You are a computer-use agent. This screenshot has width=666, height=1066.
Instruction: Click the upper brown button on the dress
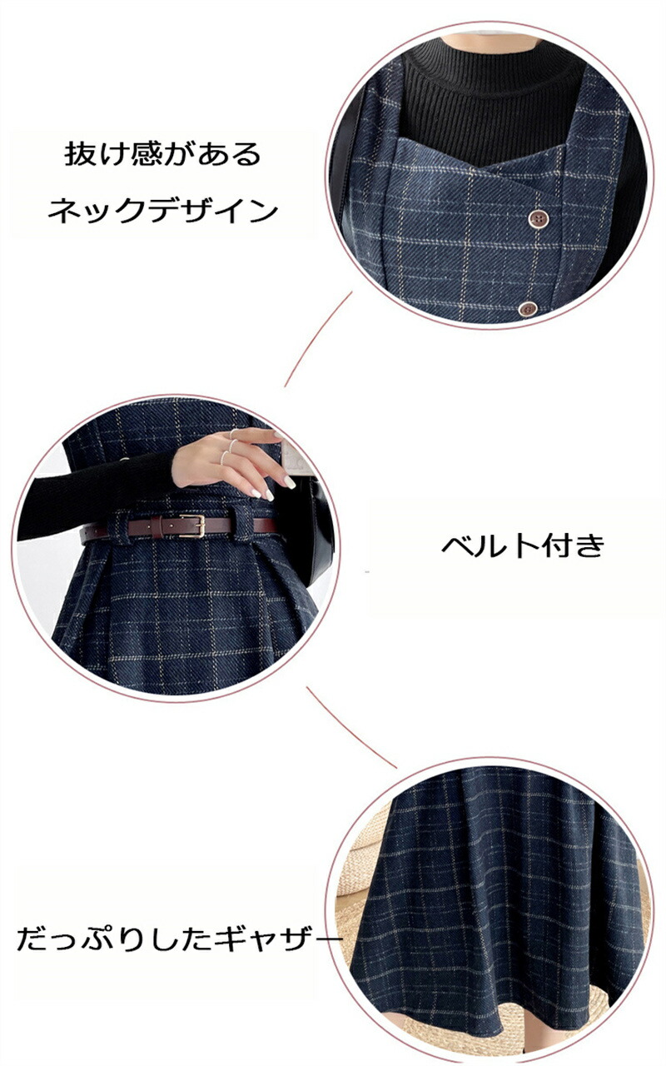[x=538, y=219]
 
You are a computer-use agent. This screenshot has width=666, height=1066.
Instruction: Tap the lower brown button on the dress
[x=528, y=308]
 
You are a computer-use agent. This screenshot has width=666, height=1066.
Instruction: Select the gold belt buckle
[x=192, y=526]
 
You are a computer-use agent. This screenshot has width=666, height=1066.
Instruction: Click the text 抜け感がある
[x=162, y=154]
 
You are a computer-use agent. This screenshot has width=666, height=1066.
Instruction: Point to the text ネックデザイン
[x=162, y=211]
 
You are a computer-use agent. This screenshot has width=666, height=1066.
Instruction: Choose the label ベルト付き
[x=523, y=545]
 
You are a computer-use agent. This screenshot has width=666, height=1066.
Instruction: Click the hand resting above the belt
[x=233, y=461]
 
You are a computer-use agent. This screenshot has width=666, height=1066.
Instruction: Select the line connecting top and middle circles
[x=318, y=339]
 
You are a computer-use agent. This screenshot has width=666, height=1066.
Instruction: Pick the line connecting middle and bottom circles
[x=351, y=727]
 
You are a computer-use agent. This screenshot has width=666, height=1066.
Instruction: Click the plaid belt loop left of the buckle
[x=119, y=527]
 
